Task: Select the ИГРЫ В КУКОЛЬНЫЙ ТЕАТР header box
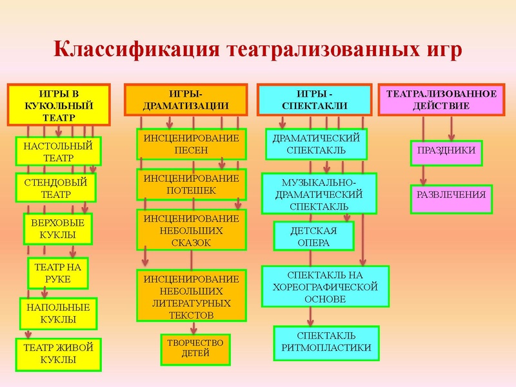click(57, 104)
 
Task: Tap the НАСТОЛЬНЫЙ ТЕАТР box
click(57, 152)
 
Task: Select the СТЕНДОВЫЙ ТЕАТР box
click(56, 188)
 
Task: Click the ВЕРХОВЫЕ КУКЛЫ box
click(58, 228)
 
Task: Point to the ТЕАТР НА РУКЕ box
click(58, 273)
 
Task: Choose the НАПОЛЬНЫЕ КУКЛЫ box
click(58, 313)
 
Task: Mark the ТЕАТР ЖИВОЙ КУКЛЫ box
click(58, 353)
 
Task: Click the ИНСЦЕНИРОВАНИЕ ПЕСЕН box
click(191, 144)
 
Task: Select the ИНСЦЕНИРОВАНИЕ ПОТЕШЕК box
click(191, 184)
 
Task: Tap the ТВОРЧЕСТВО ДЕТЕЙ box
click(195, 348)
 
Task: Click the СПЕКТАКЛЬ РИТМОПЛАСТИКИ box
click(326, 342)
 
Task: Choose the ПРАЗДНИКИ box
click(446, 151)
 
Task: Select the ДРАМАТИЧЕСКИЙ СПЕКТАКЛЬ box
click(316, 144)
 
